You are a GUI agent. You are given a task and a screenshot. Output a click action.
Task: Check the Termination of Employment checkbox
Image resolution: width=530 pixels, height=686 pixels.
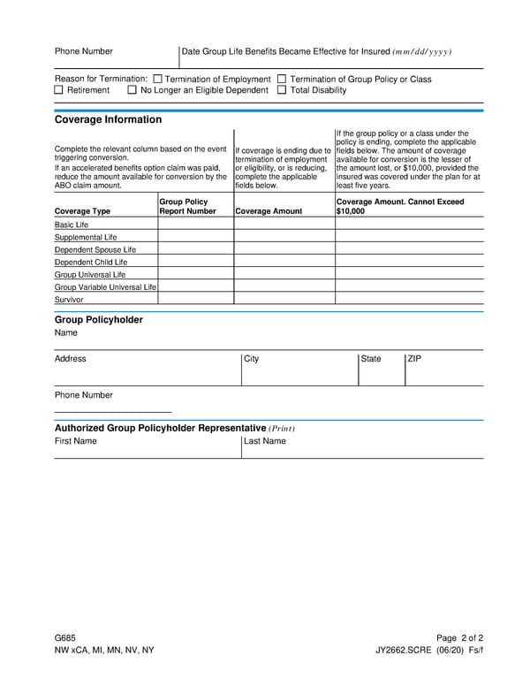pos(158,79)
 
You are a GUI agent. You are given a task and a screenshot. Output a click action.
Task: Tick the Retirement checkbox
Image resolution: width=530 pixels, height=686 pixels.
pos(59,90)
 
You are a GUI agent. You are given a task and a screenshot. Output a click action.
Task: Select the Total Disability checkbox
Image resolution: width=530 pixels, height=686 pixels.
pos(282,90)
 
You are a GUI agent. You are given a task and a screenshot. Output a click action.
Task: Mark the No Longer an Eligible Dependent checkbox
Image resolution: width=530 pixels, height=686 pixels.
pos(132,90)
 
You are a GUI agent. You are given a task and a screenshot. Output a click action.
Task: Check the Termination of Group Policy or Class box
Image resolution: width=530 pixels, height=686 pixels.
pos(282,79)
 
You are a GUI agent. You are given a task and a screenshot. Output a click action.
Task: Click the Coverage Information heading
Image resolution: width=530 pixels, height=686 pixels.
pos(108,119)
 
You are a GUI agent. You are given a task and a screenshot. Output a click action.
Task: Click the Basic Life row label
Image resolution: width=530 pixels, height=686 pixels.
pos(72,225)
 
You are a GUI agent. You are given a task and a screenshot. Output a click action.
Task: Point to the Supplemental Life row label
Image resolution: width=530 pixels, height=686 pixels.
pos(86,237)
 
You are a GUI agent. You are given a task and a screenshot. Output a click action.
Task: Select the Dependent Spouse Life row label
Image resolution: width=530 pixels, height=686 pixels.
pos(95,249)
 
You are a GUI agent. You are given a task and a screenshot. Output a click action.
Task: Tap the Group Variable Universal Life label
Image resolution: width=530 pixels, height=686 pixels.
pos(105,287)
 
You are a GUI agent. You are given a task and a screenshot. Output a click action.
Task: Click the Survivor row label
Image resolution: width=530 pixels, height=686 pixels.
pos(69,300)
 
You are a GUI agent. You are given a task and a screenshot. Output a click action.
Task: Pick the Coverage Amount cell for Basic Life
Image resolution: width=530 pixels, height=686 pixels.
pos(284,225)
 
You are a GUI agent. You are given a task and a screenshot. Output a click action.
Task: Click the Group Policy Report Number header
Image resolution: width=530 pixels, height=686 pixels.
pos(187,207)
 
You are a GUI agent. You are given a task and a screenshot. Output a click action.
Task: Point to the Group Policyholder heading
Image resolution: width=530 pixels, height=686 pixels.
pos(98,319)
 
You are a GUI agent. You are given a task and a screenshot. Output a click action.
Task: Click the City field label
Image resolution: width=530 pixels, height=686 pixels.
pos(252,359)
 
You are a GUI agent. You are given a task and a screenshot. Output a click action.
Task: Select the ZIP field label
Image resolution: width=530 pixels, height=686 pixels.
pos(414,359)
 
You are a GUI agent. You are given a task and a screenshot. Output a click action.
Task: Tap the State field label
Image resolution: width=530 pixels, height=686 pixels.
pos(371,359)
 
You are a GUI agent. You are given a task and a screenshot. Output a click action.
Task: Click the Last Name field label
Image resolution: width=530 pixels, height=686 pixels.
pos(265,441)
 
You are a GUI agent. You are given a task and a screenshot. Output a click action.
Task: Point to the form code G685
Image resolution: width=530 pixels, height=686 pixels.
pos(64,637)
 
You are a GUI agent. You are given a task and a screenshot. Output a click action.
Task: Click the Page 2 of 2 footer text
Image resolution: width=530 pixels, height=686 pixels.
pos(459,637)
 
